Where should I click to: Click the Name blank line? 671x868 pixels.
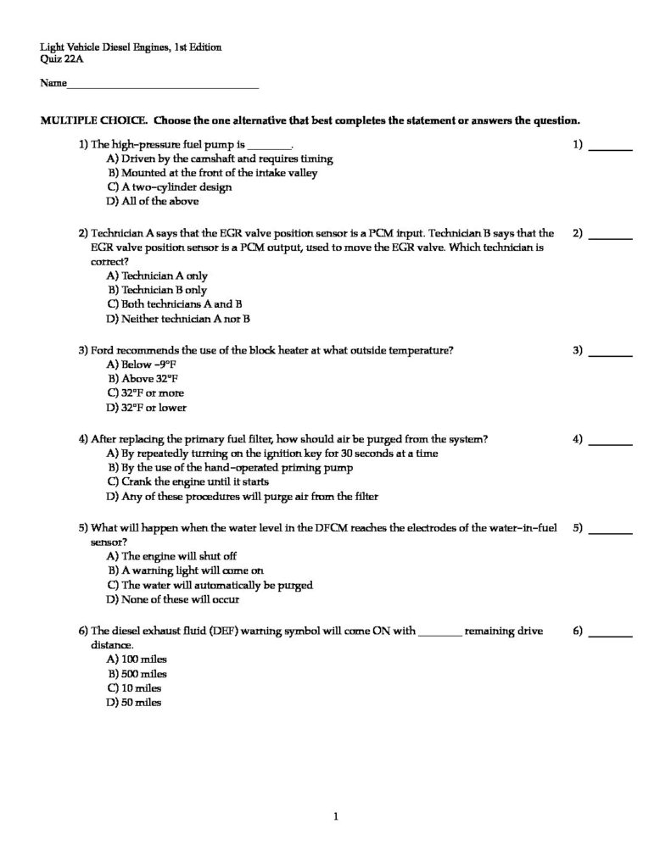point(162,86)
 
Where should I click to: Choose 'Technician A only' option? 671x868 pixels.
point(157,275)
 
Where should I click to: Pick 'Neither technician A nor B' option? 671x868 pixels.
point(178,320)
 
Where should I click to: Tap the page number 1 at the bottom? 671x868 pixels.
point(336,817)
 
